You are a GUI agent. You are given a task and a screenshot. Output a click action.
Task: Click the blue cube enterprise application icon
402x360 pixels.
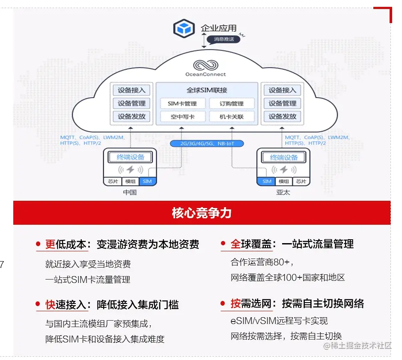184,29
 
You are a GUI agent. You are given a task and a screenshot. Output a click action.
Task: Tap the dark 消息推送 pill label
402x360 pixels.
223,39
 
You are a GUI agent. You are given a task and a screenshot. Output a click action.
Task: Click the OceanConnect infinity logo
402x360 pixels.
205,65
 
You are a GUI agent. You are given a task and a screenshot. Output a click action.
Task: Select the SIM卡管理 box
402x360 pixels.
182,104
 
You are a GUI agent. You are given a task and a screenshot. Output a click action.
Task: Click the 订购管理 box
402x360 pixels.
232,104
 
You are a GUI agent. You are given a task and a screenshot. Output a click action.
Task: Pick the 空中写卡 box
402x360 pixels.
182,116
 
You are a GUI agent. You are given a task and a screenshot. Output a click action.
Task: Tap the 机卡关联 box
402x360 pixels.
232,116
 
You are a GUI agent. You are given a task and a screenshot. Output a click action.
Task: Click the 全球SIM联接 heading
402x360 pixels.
207,90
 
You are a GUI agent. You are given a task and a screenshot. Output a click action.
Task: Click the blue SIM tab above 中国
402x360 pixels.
147,181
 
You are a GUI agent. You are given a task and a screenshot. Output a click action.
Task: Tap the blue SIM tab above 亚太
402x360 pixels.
267,181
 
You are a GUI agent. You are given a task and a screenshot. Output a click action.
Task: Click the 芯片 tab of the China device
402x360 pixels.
113,181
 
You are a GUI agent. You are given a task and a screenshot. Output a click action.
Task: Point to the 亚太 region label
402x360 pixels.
283,192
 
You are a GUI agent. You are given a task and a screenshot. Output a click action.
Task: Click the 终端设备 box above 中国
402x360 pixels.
131,157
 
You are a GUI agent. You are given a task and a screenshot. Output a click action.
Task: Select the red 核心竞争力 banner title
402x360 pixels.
202,213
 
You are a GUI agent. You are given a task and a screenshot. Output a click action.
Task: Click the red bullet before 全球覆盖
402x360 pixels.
223,244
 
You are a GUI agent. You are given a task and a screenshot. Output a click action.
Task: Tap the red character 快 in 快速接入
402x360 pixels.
51,305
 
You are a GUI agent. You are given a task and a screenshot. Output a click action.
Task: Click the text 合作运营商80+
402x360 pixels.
262,262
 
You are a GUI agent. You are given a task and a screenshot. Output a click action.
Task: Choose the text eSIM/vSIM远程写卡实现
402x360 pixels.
279,321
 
